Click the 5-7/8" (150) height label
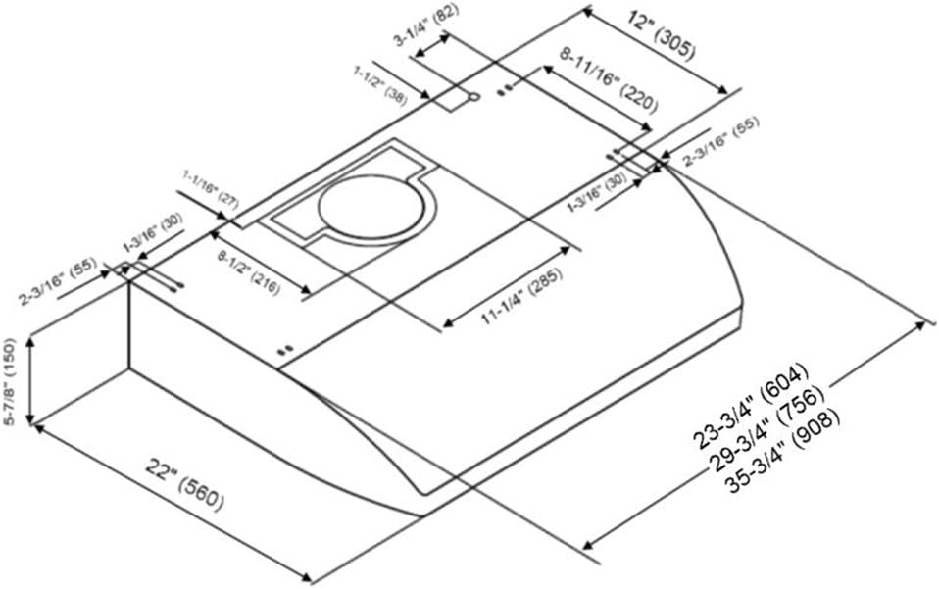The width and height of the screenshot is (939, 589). click(9, 381)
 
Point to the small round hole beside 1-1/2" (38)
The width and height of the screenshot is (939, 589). click(473, 98)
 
